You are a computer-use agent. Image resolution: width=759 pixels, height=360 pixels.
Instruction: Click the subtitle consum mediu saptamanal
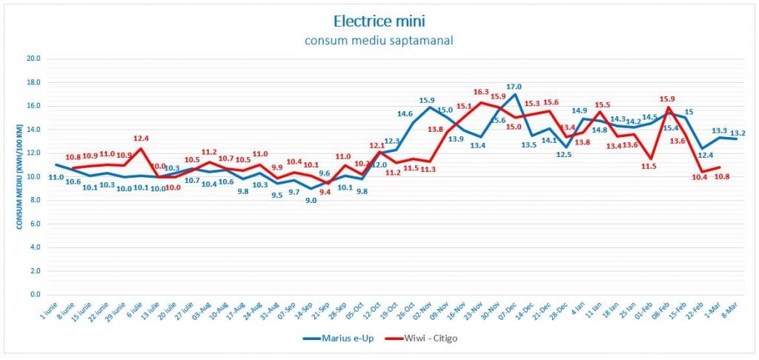tap(379, 40)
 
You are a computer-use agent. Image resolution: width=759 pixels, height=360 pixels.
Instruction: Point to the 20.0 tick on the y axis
tap(33, 59)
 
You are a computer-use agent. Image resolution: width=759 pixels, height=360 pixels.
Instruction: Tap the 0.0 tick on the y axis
tap(34, 295)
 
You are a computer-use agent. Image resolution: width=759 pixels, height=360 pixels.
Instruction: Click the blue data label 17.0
tap(514, 87)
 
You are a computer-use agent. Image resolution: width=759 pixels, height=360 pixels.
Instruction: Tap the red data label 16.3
tap(482, 93)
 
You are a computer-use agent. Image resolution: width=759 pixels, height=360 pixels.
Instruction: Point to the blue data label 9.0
tap(311, 200)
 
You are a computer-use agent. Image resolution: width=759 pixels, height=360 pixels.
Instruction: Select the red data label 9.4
tap(325, 192)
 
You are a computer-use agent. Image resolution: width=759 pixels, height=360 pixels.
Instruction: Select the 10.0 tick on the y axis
tap(33, 177)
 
